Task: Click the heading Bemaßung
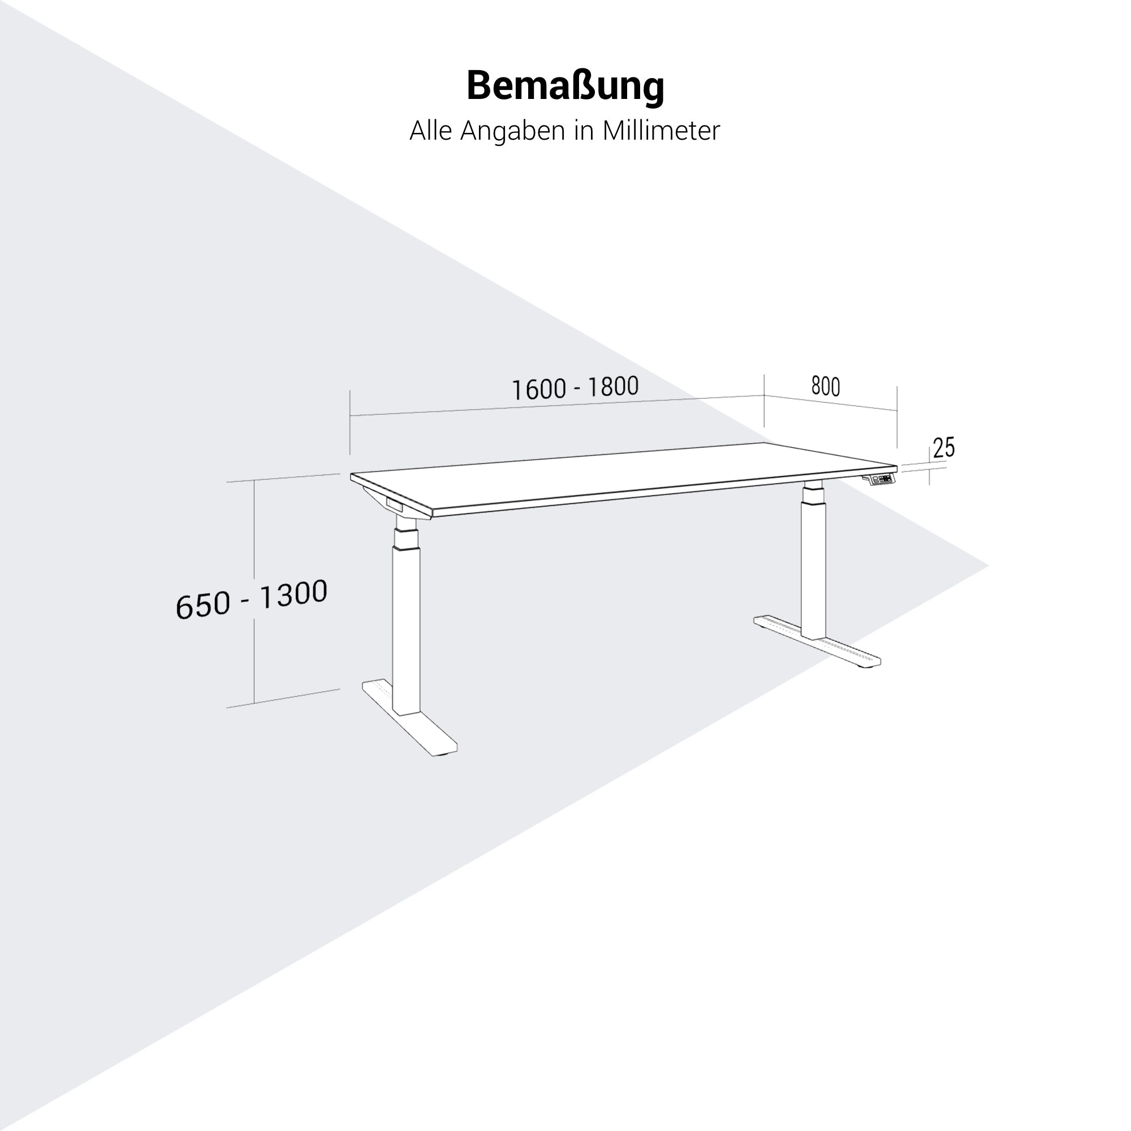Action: tap(565, 87)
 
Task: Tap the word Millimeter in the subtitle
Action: tap(661, 131)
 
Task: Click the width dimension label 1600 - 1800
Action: tap(575, 388)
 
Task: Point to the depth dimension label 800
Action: tap(826, 386)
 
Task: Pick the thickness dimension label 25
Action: tap(944, 448)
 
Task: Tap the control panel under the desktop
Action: tap(880, 480)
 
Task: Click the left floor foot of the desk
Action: tap(410, 718)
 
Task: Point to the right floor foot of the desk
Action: tap(817, 641)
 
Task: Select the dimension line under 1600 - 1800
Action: tap(556, 405)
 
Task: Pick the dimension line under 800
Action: tap(831, 403)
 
